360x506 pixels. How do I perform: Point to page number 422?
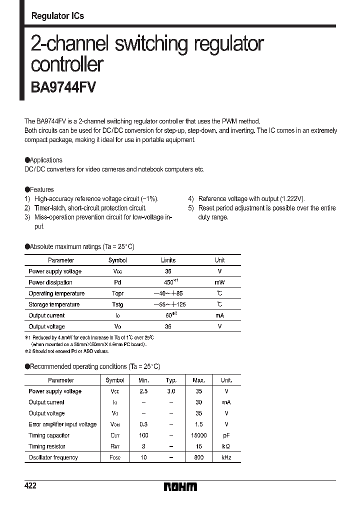(30, 486)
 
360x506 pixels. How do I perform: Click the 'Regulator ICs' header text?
(57, 16)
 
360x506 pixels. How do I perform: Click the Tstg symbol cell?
(117, 304)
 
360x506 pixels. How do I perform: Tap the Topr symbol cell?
(117, 293)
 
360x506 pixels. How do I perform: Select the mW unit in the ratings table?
(219, 282)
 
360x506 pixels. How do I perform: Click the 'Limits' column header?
(168, 260)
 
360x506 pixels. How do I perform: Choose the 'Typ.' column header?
(171, 380)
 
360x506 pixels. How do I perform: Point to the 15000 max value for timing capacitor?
(198, 435)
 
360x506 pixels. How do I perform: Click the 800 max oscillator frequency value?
(198, 457)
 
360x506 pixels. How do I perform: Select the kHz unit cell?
(226, 457)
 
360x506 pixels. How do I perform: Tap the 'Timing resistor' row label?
(47, 446)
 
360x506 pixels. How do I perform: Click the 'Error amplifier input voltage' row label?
(62, 424)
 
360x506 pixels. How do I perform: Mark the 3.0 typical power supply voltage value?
(171, 391)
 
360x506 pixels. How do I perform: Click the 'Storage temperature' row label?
(54, 304)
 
